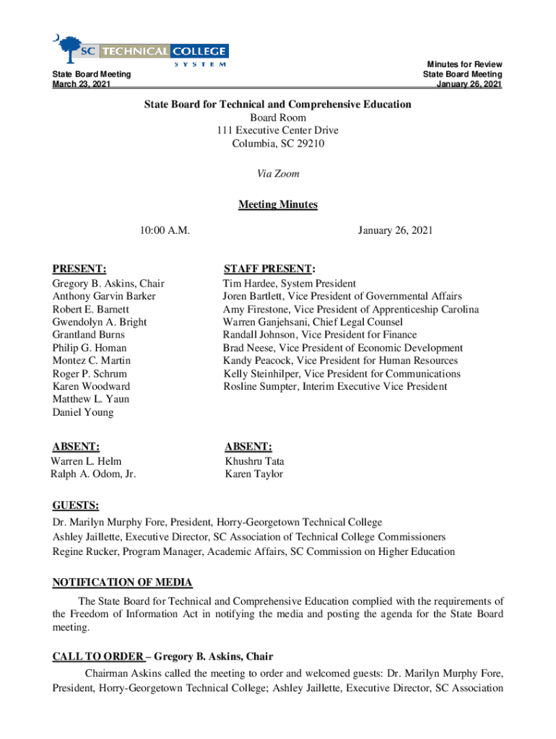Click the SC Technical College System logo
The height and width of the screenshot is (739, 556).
point(140,51)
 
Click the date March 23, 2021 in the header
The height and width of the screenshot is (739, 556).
point(82,84)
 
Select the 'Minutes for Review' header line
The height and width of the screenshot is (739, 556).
point(464,65)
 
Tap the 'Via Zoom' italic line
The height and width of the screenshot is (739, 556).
point(278,174)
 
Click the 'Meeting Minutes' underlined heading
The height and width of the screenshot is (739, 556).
point(278,204)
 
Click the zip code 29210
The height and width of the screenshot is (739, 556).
point(310,144)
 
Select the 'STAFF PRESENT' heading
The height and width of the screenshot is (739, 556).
point(268,268)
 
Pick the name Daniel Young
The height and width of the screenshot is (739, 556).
point(82,413)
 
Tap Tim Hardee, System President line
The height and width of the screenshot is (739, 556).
point(289,284)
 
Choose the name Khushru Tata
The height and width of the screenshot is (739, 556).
point(254,461)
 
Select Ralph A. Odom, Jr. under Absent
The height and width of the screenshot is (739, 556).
point(93,474)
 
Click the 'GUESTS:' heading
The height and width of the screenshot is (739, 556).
point(76,505)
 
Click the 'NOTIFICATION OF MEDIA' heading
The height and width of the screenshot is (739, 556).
point(122,582)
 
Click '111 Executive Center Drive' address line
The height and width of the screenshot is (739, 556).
point(278,131)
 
